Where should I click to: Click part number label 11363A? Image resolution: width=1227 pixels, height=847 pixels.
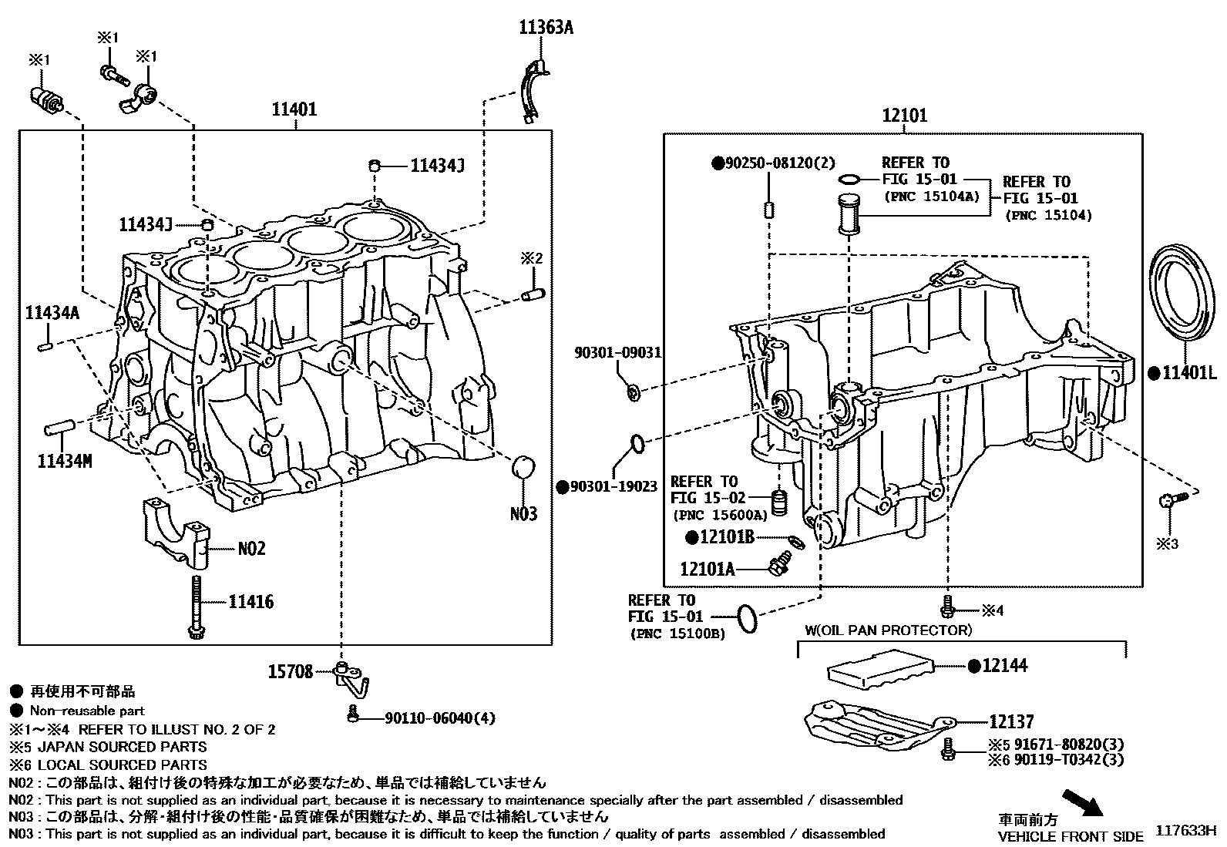[545, 28]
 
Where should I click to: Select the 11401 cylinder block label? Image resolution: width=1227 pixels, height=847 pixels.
[294, 109]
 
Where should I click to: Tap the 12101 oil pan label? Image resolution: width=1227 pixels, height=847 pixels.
[904, 116]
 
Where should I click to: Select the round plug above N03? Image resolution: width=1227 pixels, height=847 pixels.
[523, 467]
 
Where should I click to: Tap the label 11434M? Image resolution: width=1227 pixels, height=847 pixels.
[65, 462]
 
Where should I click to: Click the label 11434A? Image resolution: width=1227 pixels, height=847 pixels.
[52, 313]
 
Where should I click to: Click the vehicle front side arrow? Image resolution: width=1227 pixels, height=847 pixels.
[1081, 802]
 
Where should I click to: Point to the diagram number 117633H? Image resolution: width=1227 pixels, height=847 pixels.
[1185, 831]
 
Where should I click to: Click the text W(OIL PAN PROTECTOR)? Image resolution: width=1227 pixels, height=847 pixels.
[888, 630]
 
